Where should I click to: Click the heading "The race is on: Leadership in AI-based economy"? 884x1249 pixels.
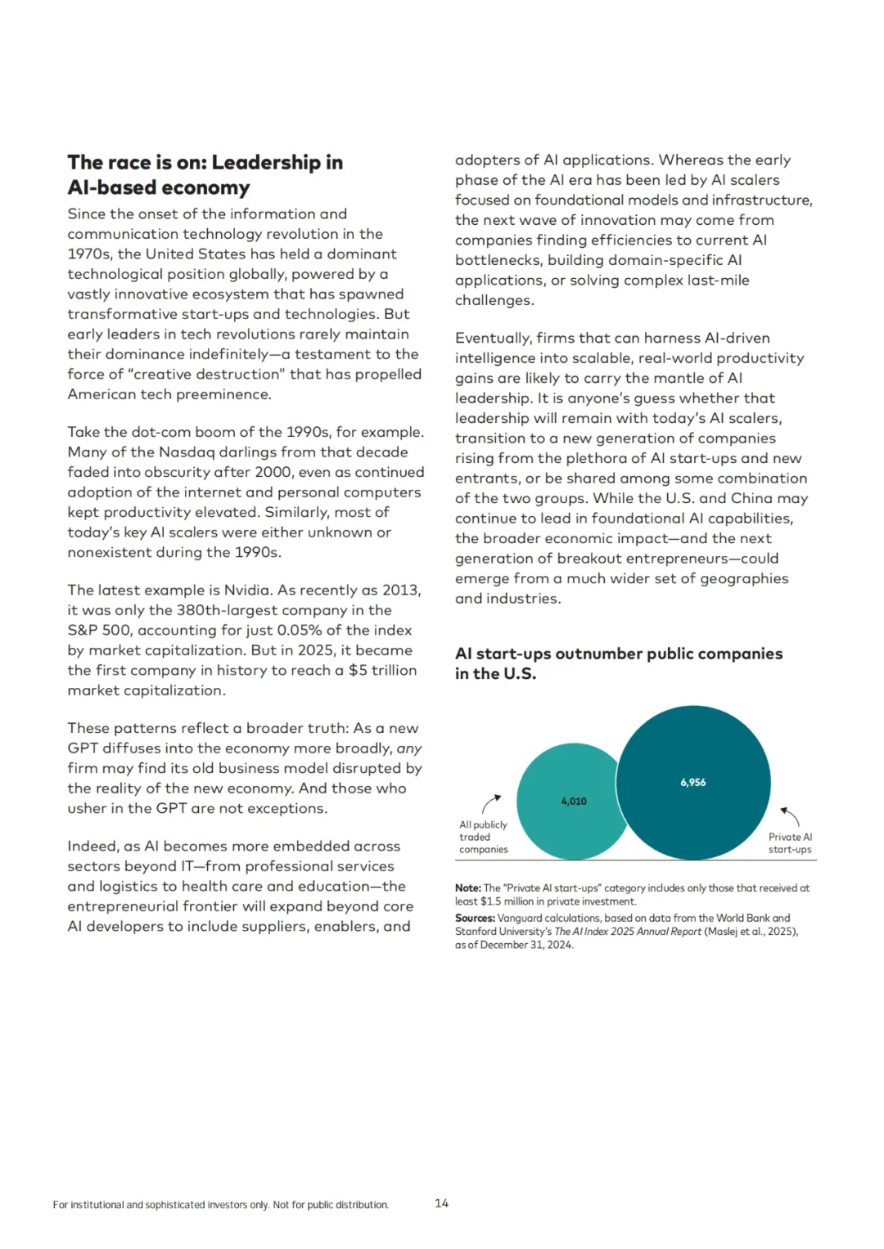(205, 175)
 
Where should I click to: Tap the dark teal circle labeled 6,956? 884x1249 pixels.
(692, 782)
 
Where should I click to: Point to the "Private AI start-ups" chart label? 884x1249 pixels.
(790, 843)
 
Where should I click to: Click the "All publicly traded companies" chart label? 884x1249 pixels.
(483, 837)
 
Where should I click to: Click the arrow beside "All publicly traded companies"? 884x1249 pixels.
(491, 803)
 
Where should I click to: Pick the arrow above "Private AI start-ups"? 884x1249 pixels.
(790, 815)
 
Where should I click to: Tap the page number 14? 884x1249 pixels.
(441, 1203)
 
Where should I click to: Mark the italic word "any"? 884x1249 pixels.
(409, 748)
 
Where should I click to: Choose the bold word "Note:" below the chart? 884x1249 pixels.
(468, 888)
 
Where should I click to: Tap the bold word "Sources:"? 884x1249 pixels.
(475, 919)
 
